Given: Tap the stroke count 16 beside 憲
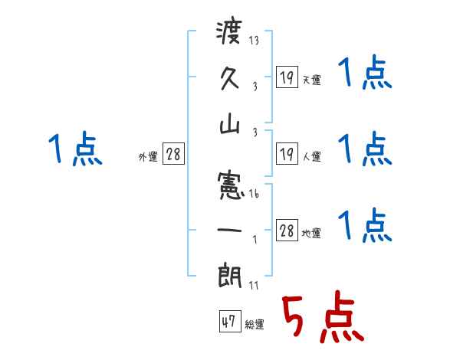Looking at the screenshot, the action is coord(253,195).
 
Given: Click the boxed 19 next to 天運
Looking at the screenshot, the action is coord(287,77).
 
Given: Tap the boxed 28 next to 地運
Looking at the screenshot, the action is coord(287,231).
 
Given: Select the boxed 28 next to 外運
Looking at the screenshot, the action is coord(173,155).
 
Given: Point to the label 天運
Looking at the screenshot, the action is coord(311,80).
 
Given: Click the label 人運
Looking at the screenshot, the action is coord(311,156).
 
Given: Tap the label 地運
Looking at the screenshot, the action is coord(311,233).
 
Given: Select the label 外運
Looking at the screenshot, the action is coord(148,156).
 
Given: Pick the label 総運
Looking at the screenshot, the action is coord(254,324).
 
